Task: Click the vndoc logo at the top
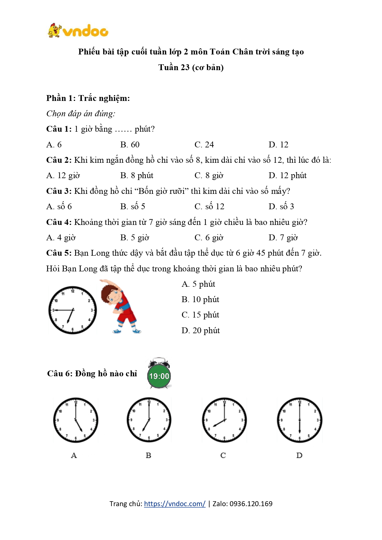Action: tap(78, 31)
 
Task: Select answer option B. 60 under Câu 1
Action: tap(130, 145)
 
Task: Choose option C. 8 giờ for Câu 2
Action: tap(209, 176)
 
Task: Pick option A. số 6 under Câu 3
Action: tap(59, 206)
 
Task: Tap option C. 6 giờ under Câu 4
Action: tap(209, 238)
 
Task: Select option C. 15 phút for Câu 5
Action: tap(200, 315)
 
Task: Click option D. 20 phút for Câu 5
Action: tap(200, 330)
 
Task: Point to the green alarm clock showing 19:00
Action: tap(159, 375)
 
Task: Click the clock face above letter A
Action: tap(76, 420)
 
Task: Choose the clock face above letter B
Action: tap(149, 420)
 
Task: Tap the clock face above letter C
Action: tap(224, 420)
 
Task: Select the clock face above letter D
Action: tap(300, 420)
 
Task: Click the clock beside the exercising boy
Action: tap(73, 310)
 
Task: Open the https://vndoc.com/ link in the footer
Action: tap(175, 504)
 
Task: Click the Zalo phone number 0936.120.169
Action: tap(251, 504)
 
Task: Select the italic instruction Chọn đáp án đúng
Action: tap(81, 114)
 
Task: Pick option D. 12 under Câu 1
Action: tap(278, 145)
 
